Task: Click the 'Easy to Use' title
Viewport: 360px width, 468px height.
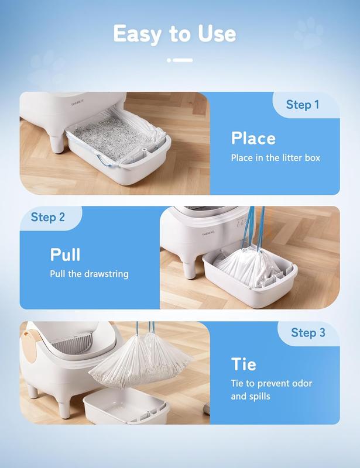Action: tap(175, 33)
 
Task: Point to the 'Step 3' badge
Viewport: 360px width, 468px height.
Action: tap(308, 333)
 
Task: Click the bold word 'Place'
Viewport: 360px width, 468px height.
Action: tap(253, 139)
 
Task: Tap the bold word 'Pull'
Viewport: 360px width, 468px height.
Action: tap(65, 254)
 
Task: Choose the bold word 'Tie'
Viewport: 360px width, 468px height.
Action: tap(244, 364)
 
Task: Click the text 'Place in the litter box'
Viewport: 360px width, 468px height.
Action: tap(276, 158)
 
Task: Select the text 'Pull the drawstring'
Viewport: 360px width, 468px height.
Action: tap(90, 274)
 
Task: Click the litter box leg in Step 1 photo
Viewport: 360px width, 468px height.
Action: tap(57, 144)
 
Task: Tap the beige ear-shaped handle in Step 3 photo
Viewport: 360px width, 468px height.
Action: tap(30, 344)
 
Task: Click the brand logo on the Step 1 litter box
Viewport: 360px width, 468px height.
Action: tap(77, 103)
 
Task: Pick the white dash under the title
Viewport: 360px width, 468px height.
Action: tap(180, 60)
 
